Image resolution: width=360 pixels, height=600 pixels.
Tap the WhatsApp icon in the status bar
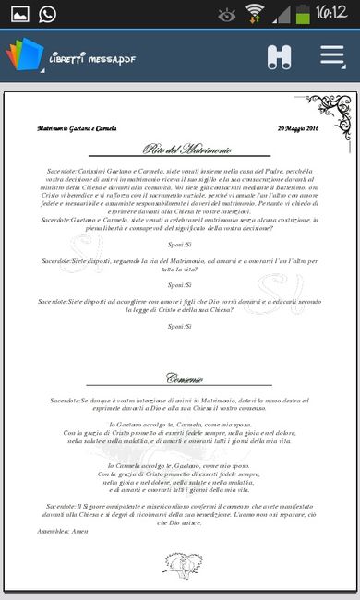click(x=46, y=14)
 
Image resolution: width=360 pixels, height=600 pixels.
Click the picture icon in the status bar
click(x=18, y=14)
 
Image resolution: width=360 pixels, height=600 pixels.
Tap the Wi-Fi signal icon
click(x=255, y=14)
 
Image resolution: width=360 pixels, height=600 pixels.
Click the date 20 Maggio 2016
click(x=297, y=128)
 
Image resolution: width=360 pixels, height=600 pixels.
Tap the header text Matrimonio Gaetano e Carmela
click(x=77, y=128)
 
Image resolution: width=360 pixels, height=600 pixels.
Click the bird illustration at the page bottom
click(x=183, y=562)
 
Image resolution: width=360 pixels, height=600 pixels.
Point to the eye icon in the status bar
click(x=226, y=15)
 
